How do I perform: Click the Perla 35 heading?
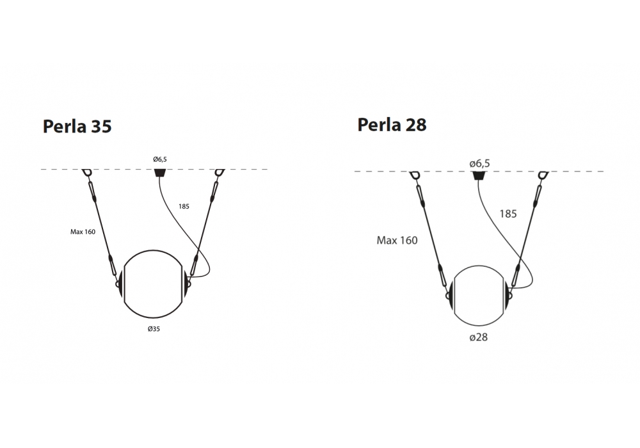77,126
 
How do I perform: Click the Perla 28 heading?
392,124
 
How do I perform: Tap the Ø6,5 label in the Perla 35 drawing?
160,159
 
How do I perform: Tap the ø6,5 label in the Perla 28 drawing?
479,164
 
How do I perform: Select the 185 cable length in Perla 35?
184,207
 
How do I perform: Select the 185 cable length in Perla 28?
508,214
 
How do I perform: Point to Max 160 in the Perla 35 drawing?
83,232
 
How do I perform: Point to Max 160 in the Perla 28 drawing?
397,241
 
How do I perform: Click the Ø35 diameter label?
154,329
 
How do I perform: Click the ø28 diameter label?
478,337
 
